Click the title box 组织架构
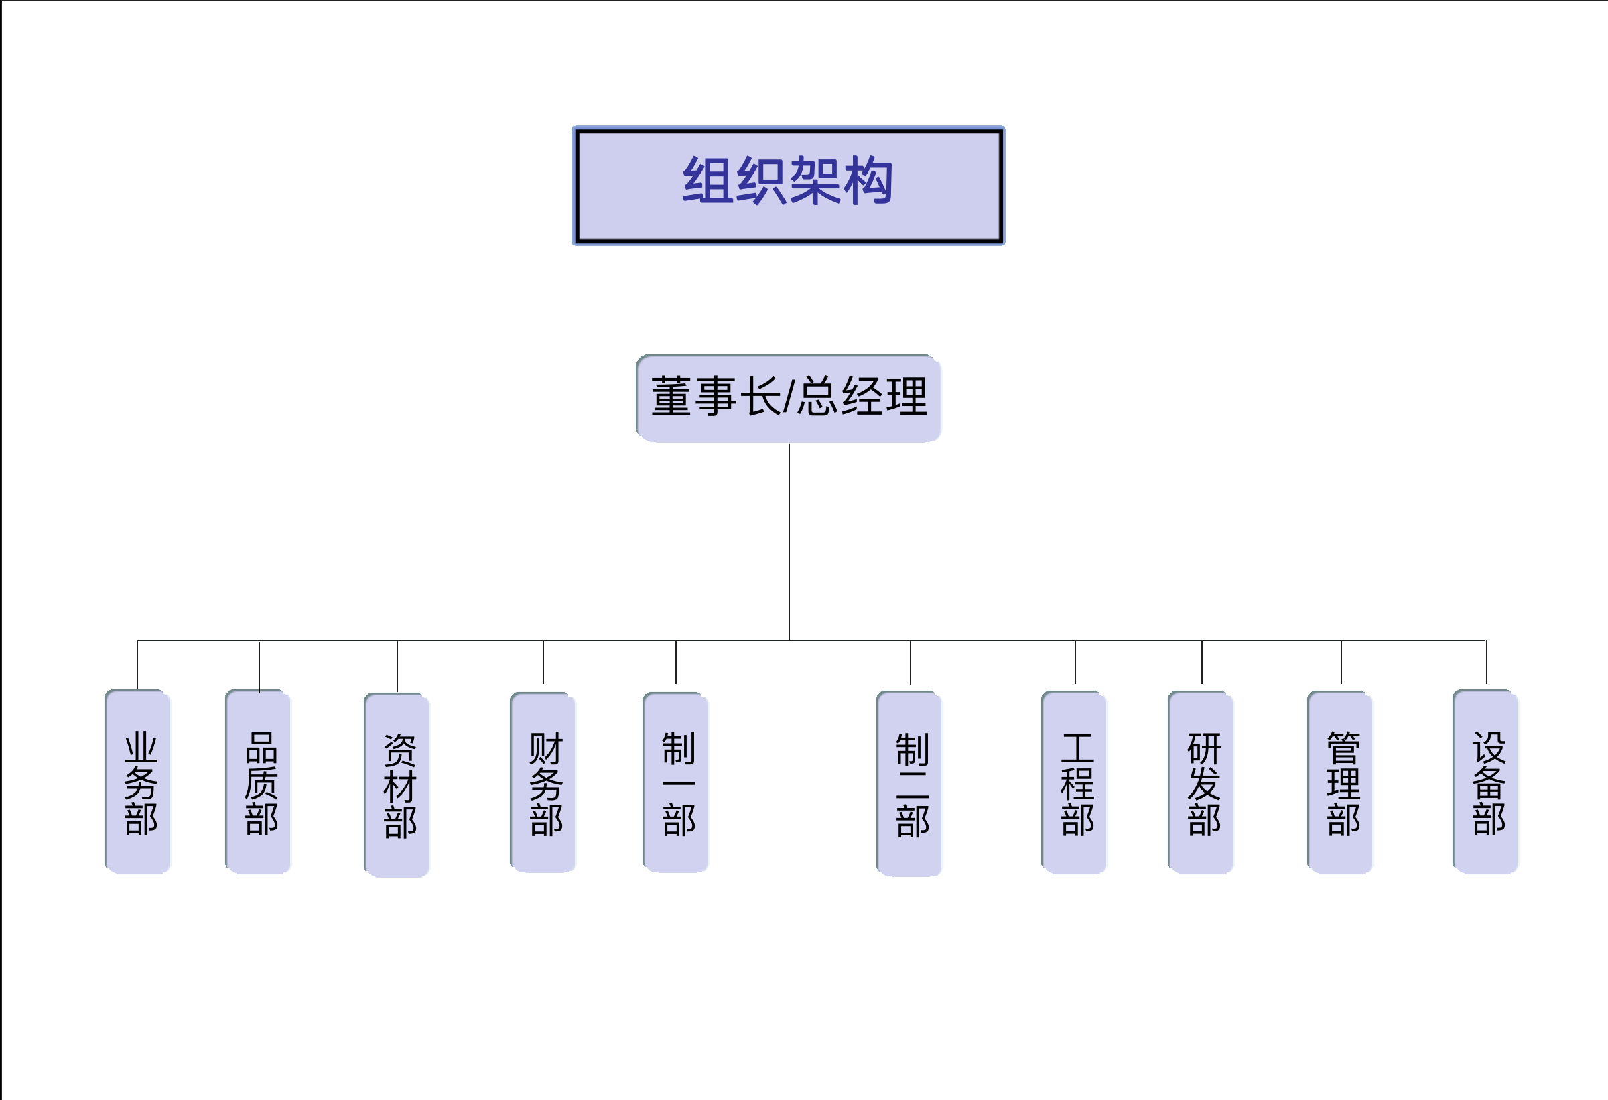(x=788, y=186)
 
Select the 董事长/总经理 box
(x=788, y=398)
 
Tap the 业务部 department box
(x=138, y=782)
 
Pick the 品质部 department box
(x=259, y=782)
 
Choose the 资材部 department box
(x=397, y=784)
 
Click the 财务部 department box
(x=543, y=782)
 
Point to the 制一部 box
(x=676, y=782)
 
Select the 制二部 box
(x=910, y=784)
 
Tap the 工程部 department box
(x=1075, y=782)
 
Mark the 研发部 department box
(x=1201, y=782)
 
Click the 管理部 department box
(x=1340, y=782)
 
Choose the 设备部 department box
(x=1485, y=782)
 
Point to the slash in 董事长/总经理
(x=789, y=398)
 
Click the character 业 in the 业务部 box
(x=141, y=748)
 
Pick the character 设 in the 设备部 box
(x=1489, y=747)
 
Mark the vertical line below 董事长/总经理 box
(x=789, y=540)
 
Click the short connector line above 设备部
(x=1486, y=662)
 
